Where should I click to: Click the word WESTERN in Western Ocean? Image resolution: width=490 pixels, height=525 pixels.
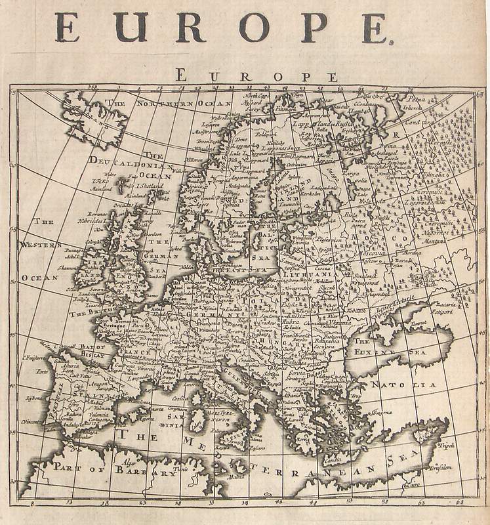(41, 245)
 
